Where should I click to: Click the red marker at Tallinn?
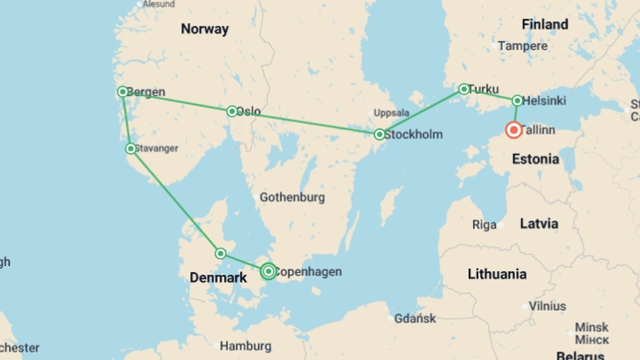513,130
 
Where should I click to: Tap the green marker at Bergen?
123,91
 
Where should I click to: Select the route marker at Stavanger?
131,148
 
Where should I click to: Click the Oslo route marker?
232,111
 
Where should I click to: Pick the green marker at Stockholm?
379,134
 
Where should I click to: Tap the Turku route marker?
464,89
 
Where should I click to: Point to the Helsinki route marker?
517,100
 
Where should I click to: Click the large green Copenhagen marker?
268,271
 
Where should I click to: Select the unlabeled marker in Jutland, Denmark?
220,254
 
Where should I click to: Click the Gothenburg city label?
292,197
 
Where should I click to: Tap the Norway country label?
205,29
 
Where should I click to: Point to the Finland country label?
545,24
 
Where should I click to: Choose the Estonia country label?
535,159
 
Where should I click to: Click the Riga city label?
484,225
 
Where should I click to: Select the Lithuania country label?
497,274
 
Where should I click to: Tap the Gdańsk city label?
415,318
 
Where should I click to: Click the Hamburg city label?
245,346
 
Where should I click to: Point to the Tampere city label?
522,46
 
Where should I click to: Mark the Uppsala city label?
391,113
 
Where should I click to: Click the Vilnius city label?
547,306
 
